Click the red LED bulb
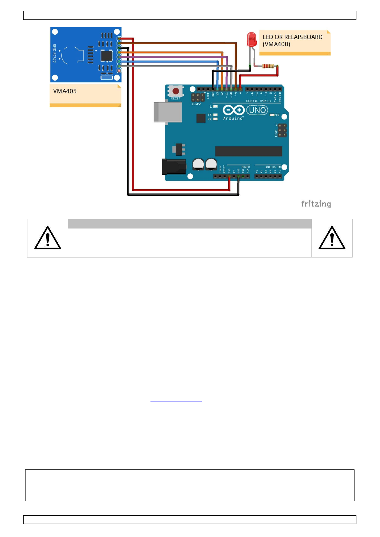(252, 39)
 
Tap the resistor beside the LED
(268, 66)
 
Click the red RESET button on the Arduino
(176, 91)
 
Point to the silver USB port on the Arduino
(167, 112)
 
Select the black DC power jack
(174, 166)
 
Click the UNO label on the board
(257, 110)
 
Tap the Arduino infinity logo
(234, 110)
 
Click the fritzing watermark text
(316, 204)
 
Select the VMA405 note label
(65, 91)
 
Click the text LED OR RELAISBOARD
(292, 37)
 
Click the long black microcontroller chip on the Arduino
(248, 151)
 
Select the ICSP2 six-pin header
(198, 97)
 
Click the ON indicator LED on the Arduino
(272, 115)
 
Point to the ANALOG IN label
(273, 167)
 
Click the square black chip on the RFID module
(106, 56)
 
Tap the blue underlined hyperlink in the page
(176, 401)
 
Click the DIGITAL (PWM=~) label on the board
(258, 101)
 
